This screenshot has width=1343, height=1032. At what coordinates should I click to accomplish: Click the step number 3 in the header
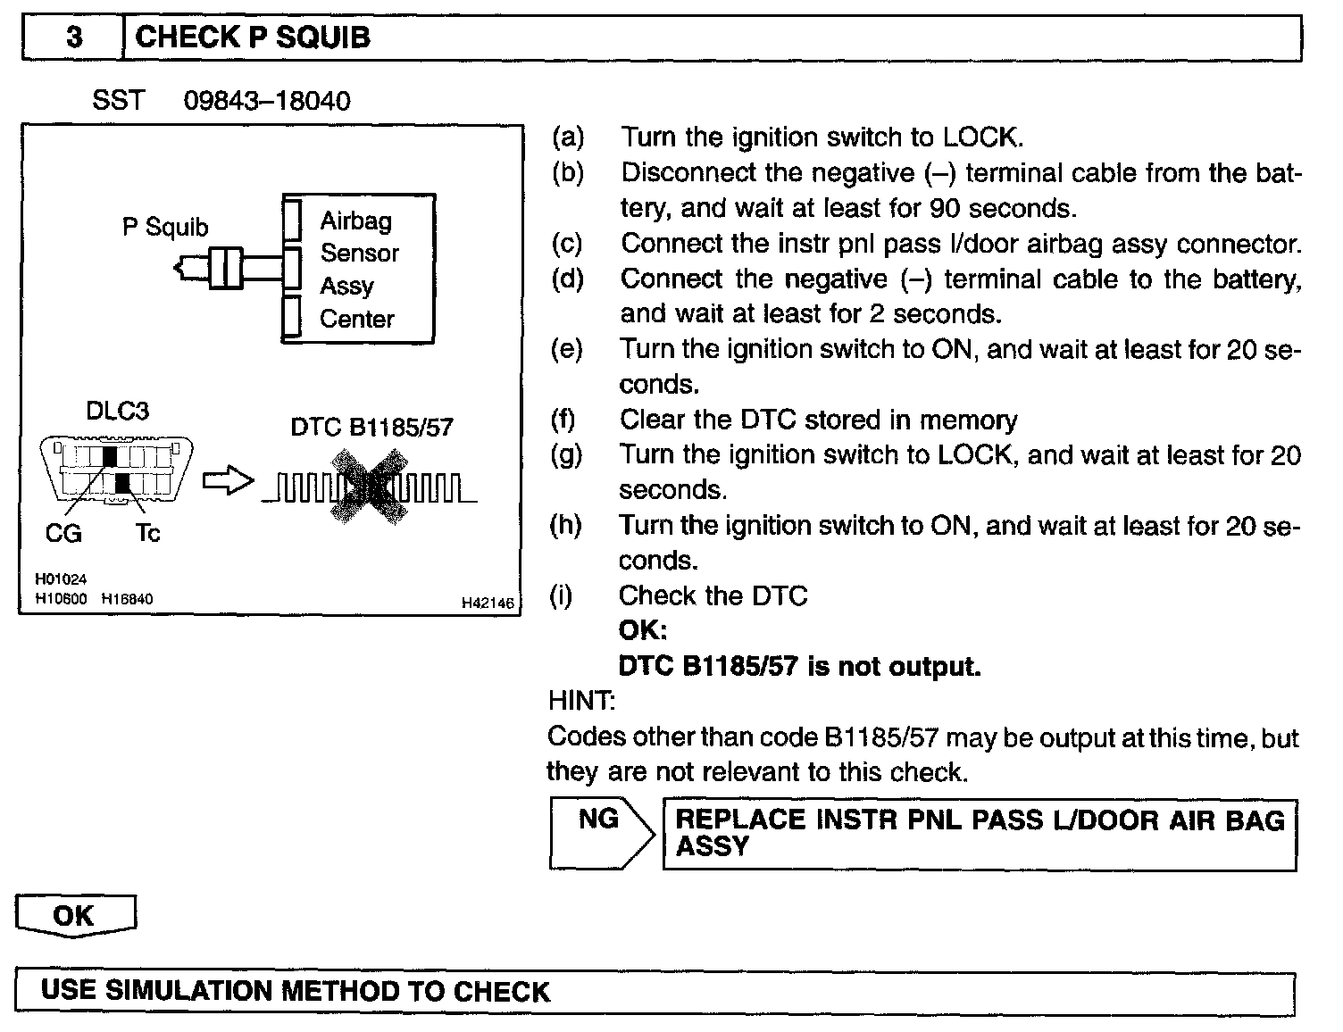click(x=74, y=37)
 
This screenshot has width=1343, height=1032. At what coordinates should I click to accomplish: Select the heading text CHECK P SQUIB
click(x=253, y=37)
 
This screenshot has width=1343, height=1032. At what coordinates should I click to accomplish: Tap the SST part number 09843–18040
click(x=267, y=101)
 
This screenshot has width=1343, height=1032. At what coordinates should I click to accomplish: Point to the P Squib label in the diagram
click(x=165, y=228)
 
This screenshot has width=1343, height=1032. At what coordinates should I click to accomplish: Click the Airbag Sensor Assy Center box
click(x=359, y=269)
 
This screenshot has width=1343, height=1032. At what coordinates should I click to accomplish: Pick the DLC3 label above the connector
click(x=117, y=412)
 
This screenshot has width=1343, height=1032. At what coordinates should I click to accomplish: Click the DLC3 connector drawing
click(x=117, y=470)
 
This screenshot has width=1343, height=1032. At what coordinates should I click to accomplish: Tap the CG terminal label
click(x=63, y=534)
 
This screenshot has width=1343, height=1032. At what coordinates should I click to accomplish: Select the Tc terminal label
click(x=147, y=534)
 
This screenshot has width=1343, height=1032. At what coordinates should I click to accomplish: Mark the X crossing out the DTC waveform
click(x=369, y=487)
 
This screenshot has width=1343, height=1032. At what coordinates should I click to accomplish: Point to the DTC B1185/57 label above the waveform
click(x=371, y=428)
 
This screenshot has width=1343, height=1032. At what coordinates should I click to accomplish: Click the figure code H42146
click(x=488, y=603)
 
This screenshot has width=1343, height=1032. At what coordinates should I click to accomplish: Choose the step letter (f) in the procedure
click(x=563, y=420)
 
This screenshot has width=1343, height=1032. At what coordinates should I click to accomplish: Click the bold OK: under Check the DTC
click(x=643, y=631)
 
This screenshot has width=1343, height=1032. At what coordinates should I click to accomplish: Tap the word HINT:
click(x=581, y=701)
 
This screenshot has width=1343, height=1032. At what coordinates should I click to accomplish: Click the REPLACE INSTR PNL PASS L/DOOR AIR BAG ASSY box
click(x=980, y=834)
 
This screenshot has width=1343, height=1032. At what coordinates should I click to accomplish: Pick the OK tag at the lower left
click(x=75, y=916)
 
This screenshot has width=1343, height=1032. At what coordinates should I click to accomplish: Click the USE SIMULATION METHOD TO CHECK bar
click(x=655, y=992)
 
